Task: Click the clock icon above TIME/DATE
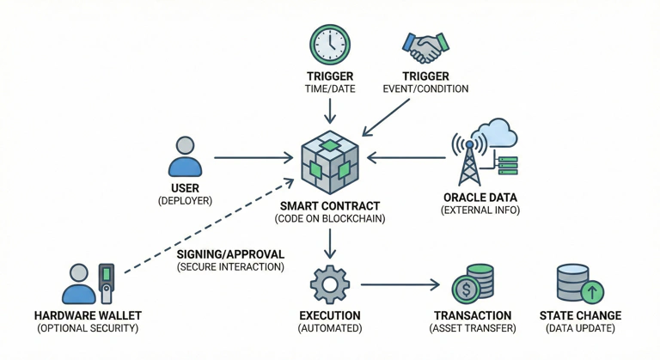pos(330,45)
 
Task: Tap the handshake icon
pos(425,47)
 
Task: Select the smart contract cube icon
pos(330,163)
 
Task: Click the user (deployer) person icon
pos(185,156)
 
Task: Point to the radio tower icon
pos(468,159)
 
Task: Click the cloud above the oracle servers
pos(500,133)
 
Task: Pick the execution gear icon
pos(329,284)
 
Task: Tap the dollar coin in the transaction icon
pos(466,289)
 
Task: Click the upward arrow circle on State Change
pos(592,292)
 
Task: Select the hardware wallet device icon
pos(107,283)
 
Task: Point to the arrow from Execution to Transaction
pos(400,284)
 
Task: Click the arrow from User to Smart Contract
pos(254,158)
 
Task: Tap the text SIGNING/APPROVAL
pos(230,254)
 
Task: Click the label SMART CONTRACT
pos(330,207)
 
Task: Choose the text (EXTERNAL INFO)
pos(480,211)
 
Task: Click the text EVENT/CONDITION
pos(425,88)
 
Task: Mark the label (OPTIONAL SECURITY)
pos(87,328)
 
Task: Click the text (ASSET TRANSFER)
pos(473,328)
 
